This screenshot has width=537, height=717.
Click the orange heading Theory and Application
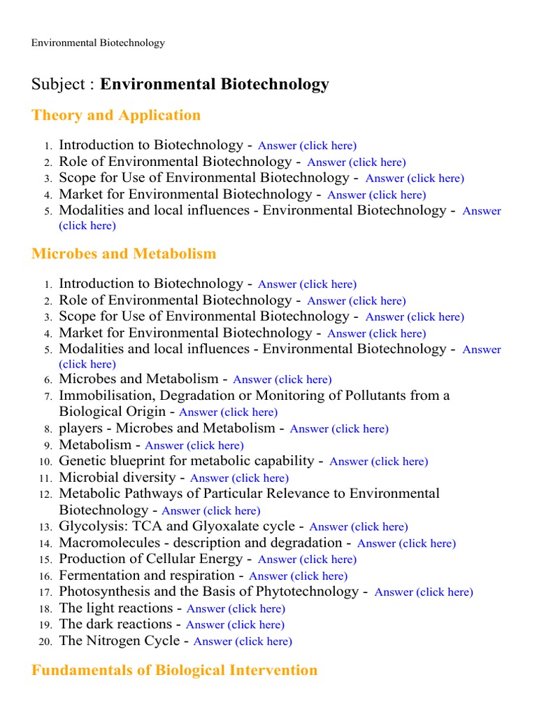[116, 116]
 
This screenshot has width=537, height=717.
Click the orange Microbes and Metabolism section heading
[124, 253]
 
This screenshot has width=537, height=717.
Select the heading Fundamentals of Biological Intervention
[174, 670]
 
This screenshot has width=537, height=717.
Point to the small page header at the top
[98, 43]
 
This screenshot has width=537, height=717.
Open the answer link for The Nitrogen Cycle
[243, 641]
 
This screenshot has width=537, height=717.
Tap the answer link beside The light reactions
[236, 608]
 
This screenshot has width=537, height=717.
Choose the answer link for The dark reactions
[235, 625]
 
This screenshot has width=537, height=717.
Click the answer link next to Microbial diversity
[239, 478]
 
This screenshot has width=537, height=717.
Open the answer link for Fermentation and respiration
[298, 576]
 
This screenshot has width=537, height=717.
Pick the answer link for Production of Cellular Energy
[307, 559]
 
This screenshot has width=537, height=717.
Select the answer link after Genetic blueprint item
[378, 461]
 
